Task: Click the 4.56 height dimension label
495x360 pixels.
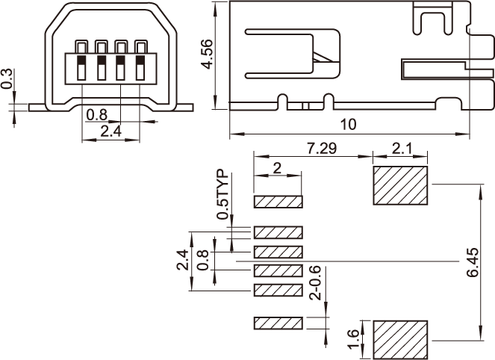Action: pyautogui.click(x=207, y=54)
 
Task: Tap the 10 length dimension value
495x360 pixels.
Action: pyautogui.click(x=348, y=125)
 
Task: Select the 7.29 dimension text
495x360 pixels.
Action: pyautogui.click(x=322, y=148)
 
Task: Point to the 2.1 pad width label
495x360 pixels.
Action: pyautogui.click(x=402, y=148)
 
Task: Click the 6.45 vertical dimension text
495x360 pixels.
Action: pyautogui.click(x=473, y=263)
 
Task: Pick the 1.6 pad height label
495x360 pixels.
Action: pyautogui.click(x=353, y=339)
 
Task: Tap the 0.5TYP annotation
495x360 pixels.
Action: pyautogui.click(x=222, y=194)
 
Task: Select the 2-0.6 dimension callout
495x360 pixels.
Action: pyautogui.click(x=315, y=283)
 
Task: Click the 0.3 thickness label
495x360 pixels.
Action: pyautogui.click(x=6, y=78)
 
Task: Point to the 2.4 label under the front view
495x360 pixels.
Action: pyautogui.click(x=110, y=131)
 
